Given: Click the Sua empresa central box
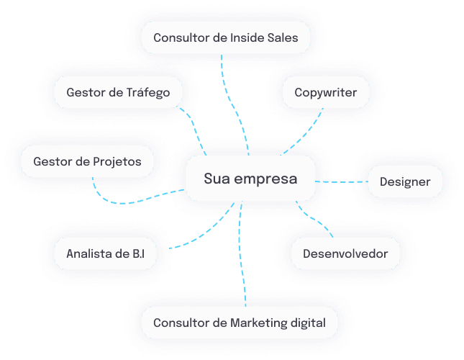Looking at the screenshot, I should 250,179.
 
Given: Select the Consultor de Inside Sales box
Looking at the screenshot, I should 226,37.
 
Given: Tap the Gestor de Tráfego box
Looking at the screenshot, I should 118,92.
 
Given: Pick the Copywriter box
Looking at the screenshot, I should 326,92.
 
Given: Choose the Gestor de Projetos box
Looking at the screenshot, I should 87,161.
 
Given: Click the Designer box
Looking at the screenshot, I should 405,181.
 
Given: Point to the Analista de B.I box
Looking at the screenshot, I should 105,253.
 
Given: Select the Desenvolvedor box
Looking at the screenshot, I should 345,253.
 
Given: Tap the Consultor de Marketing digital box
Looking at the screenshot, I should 239,323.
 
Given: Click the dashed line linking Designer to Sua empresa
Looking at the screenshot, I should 342,181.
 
